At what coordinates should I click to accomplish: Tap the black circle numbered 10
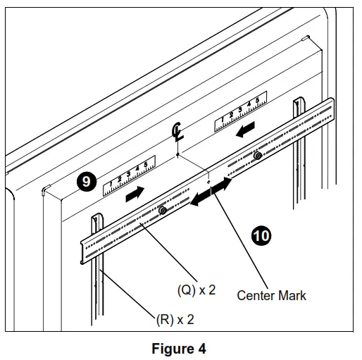[261, 235]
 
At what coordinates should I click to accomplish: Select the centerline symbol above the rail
[178, 133]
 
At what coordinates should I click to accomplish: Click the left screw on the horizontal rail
[163, 211]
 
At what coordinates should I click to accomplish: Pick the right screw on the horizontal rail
[258, 156]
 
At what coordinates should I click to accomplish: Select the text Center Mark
[271, 295]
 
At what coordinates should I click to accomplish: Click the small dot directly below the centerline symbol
[178, 151]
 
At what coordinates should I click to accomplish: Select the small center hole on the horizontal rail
[209, 181]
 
